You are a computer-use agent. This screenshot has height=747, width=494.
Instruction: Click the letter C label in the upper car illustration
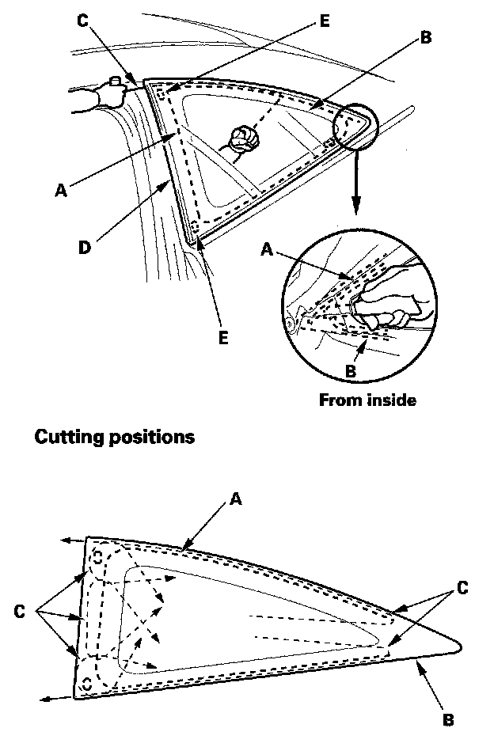point(83,20)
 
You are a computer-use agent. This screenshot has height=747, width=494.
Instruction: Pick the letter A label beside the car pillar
point(60,190)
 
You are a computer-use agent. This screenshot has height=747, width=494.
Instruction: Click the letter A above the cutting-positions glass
point(235,499)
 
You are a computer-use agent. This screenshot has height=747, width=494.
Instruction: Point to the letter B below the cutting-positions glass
point(448,720)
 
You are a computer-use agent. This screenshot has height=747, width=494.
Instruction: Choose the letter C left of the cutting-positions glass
point(20,611)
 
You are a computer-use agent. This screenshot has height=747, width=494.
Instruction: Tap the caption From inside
point(367,400)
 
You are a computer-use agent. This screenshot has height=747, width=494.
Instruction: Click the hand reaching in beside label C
point(99,99)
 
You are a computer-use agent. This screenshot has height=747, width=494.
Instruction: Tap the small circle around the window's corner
point(355,123)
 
